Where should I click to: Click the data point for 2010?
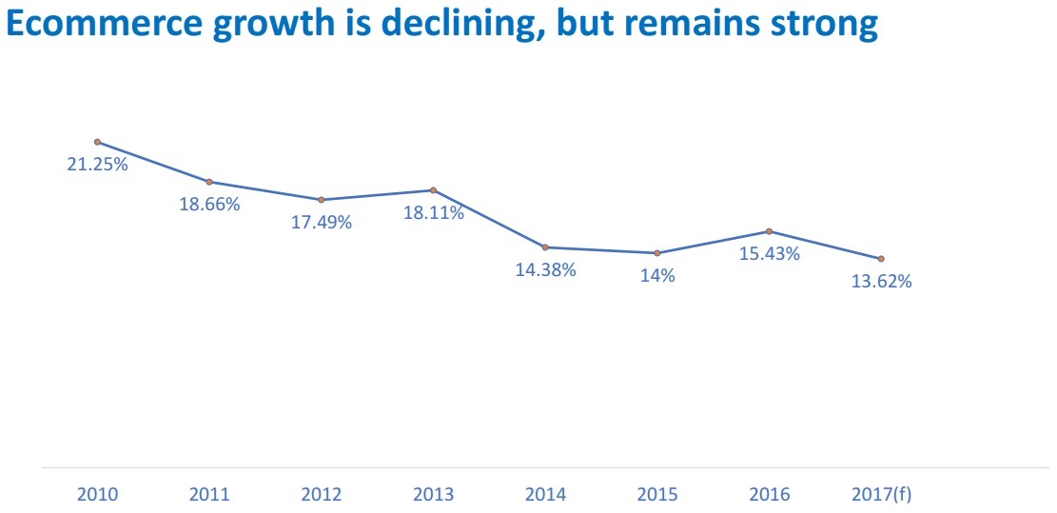[97, 142]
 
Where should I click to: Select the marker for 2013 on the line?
[433, 190]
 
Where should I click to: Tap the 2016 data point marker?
[769, 231]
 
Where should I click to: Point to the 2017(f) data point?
[881, 259]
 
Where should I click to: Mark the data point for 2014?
[545, 247]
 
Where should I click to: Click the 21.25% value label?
[97, 164]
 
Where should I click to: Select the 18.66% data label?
[209, 204]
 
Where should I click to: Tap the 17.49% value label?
[322, 222]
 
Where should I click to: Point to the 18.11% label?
[434, 213]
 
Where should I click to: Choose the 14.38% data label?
[546, 269]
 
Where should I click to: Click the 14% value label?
[657, 276]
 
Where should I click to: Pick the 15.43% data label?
[770, 254]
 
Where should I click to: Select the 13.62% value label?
[882, 282]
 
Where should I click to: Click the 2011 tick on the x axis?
[209, 495]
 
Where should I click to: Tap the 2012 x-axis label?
[322, 495]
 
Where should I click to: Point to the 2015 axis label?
[657, 495]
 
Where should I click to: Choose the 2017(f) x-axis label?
[882, 495]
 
